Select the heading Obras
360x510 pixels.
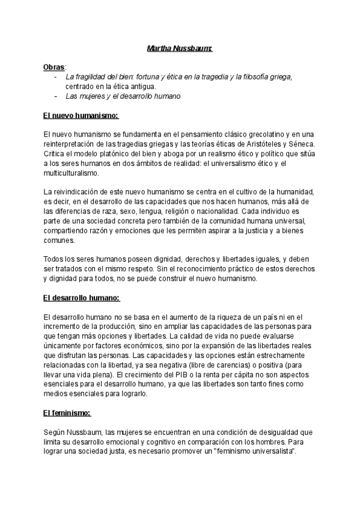[54, 66]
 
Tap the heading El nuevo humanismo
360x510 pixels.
[82, 115]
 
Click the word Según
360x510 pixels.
[55, 432]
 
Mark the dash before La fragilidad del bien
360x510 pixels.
[55, 77]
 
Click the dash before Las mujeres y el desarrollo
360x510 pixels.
[55, 96]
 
